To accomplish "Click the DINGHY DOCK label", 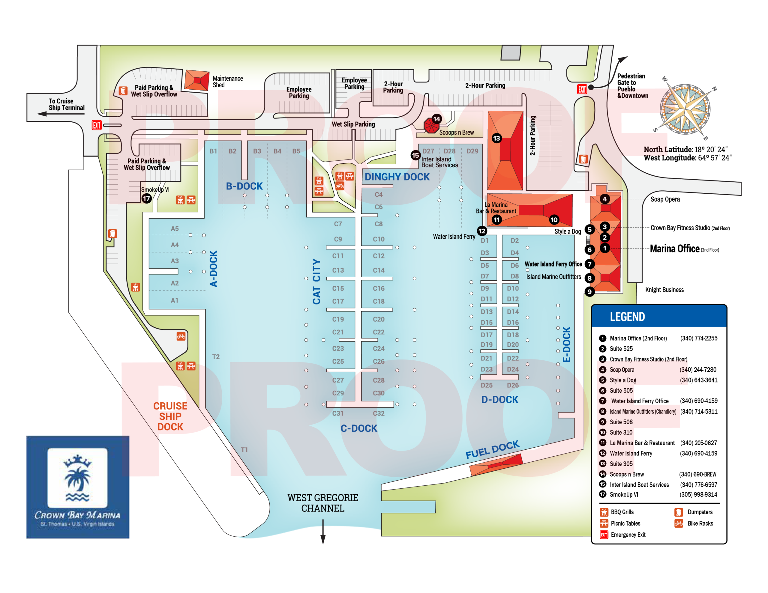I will point(397,177).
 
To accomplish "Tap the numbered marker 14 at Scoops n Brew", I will point(436,119).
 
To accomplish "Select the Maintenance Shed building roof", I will point(197,80).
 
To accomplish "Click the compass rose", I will point(685,109).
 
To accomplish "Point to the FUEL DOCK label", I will point(492,450).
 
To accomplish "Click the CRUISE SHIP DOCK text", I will point(170,416).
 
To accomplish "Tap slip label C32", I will point(379,413).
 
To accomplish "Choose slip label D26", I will point(513,385).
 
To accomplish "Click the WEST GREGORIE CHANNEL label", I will point(323,503).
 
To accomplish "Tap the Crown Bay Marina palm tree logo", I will point(77,479).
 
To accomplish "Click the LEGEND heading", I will point(627,317).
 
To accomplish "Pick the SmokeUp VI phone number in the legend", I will point(698,495).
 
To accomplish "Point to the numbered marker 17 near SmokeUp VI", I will point(147,198).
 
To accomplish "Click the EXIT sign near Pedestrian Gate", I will point(582,89).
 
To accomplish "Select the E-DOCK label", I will point(566,344).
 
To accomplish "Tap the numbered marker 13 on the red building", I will point(496,138).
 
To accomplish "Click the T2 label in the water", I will point(216,357).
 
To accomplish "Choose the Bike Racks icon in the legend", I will point(679,523).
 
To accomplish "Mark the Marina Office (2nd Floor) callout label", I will point(684,249).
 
